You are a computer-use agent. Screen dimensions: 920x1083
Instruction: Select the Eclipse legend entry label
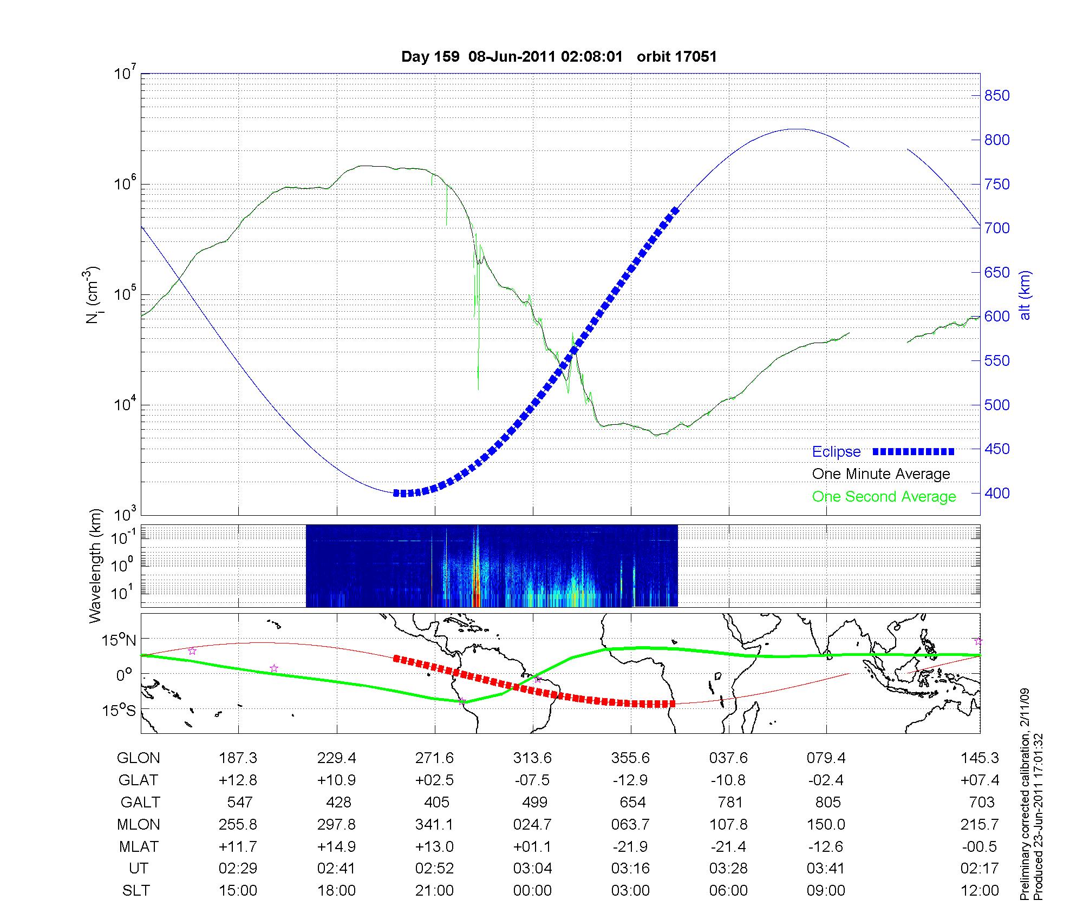tap(836, 452)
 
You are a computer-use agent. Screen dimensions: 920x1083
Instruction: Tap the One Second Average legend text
tap(884, 497)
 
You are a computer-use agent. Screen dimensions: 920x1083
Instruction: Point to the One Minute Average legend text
tap(881, 474)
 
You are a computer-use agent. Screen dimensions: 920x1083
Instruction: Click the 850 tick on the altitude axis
tap(997, 96)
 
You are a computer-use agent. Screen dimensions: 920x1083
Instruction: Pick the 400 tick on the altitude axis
tap(997, 493)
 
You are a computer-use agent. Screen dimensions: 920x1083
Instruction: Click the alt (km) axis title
tap(1025, 295)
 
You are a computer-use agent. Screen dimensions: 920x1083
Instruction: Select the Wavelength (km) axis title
tap(95, 566)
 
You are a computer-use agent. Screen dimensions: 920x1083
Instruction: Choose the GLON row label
tap(138, 758)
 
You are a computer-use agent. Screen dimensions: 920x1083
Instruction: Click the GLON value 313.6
tap(532, 758)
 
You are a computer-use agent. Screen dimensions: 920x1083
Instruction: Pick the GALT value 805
tap(828, 802)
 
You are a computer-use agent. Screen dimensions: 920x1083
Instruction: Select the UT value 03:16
tap(630, 869)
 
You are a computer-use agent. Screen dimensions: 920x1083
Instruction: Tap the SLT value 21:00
tap(434, 891)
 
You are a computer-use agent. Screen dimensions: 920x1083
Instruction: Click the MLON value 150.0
tap(826, 825)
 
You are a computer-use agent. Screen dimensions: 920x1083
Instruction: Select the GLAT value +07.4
tap(980, 780)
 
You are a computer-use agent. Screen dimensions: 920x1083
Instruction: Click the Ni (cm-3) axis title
tap(93, 295)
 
